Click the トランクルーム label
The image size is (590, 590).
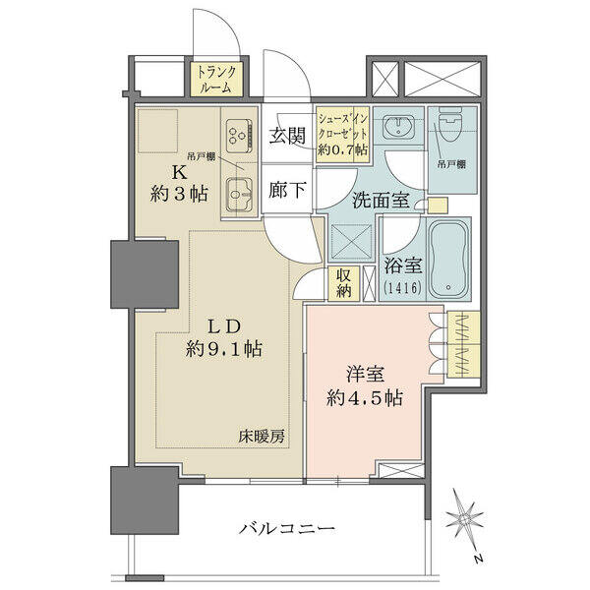pyautogui.click(x=216, y=79)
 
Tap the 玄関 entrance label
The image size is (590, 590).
pyautogui.click(x=287, y=136)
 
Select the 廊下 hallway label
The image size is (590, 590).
pyautogui.click(x=287, y=189)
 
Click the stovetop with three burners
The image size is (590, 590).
pyautogui.click(x=239, y=135)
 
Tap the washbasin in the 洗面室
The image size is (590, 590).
pyautogui.click(x=398, y=125)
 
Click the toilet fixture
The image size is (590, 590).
pyautogui.click(x=450, y=124)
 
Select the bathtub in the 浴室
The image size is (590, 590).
pyautogui.click(x=448, y=260)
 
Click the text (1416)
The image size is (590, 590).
pyautogui.click(x=402, y=288)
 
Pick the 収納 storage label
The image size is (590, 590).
pyautogui.click(x=343, y=283)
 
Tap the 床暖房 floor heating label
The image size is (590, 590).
pyautogui.click(x=262, y=437)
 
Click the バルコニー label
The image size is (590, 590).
pyautogui.click(x=287, y=528)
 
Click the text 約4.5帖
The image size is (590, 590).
pyautogui.click(x=365, y=398)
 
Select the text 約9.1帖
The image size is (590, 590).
pyautogui.click(x=224, y=349)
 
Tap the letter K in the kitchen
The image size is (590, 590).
pyautogui.click(x=179, y=173)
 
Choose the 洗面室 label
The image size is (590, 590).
pyautogui.click(x=381, y=200)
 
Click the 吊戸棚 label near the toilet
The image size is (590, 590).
pyautogui.click(x=451, y=164)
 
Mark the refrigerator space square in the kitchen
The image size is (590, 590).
pyautogui.click(x=157, y=131)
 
